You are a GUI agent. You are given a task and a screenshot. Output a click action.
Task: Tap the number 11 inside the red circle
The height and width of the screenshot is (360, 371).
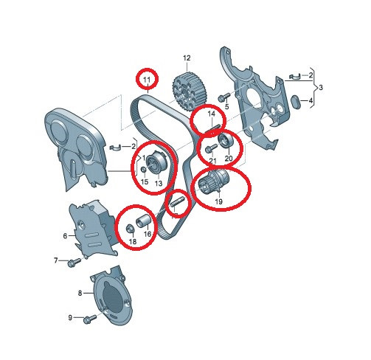(x=147, y=80)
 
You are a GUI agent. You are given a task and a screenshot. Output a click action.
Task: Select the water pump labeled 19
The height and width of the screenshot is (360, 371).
(x=214, y=181)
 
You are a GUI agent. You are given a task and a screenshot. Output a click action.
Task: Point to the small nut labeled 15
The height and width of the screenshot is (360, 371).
(x=143, y=170)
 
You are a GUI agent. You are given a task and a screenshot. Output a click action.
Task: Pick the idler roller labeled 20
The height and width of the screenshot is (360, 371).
(x=226, y=141)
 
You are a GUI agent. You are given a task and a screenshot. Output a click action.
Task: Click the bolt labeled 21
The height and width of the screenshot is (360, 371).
(x=211, y=148)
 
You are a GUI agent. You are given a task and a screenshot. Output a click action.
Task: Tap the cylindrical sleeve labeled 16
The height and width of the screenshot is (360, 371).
(x=142, y=221)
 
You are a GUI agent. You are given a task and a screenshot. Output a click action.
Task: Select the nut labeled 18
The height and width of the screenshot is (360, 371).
(x=130, y=229)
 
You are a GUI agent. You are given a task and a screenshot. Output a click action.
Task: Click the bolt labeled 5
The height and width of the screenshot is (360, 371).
(x=223, y=97)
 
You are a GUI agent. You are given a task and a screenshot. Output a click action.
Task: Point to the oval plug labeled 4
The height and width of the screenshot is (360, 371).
(x=296, y=101)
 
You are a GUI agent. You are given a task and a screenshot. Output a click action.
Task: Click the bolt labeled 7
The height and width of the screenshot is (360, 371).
(x=74, y=262)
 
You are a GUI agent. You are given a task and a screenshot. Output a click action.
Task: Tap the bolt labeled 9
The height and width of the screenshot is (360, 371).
(x=90, y=319)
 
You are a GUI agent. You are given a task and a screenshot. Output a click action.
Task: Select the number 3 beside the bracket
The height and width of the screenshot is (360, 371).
(x=321, y=87)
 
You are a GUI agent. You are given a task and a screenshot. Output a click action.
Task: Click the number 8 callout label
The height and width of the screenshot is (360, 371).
(x=80, y=293)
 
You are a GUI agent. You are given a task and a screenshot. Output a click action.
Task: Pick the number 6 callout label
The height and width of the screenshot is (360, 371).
(x=65, y=236)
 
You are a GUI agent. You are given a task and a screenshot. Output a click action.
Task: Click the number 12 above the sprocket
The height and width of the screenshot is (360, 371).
(x=187, y=58)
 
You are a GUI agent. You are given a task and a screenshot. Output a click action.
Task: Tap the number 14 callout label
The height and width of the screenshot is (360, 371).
(x=212, y=114)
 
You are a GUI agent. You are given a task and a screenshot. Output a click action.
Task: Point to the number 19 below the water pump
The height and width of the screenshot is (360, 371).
(x=218, y=201)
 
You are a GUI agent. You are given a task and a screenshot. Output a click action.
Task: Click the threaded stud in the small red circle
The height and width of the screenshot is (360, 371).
(x=176, y=202)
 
